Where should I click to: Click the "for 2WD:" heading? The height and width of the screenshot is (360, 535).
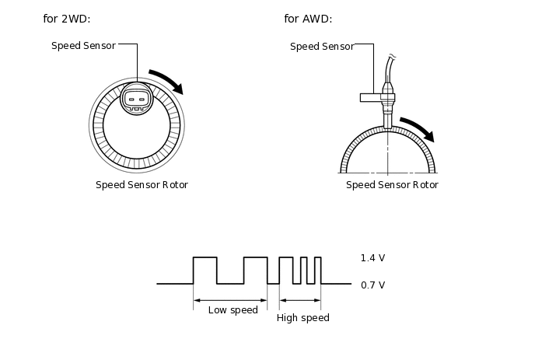click(x=67, y=19)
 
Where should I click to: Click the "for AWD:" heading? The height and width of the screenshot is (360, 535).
click(x=308, y=19)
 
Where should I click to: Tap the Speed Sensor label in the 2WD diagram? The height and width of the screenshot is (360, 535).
click(x=83, y=46)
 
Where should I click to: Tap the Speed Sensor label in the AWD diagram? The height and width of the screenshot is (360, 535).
click(x=322, y=47)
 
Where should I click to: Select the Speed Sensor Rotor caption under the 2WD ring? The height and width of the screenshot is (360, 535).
click(x=142, y=185)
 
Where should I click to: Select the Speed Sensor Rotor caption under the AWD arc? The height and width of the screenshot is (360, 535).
click(x=393, y=185)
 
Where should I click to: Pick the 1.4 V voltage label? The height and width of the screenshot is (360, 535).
click(x=373, y=258)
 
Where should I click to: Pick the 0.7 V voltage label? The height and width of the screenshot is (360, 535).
click(x=373, y=285)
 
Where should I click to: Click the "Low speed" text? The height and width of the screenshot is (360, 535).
click(x=233, y=310)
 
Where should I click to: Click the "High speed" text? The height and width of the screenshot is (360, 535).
click(x=303, y=318)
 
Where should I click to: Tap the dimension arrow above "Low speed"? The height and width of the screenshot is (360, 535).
click(x=230, y=301)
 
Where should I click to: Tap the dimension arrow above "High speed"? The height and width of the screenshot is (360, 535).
click(x=300, y=301)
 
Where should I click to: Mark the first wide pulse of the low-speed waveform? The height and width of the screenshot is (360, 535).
click(x=205, y=257)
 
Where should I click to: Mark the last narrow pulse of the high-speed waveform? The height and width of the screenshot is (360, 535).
click(x=317, y=257)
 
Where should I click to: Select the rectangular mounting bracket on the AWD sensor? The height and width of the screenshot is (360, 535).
click(x=371, y=98)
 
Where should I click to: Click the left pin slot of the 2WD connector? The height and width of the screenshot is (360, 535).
click(x=131, y=100)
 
